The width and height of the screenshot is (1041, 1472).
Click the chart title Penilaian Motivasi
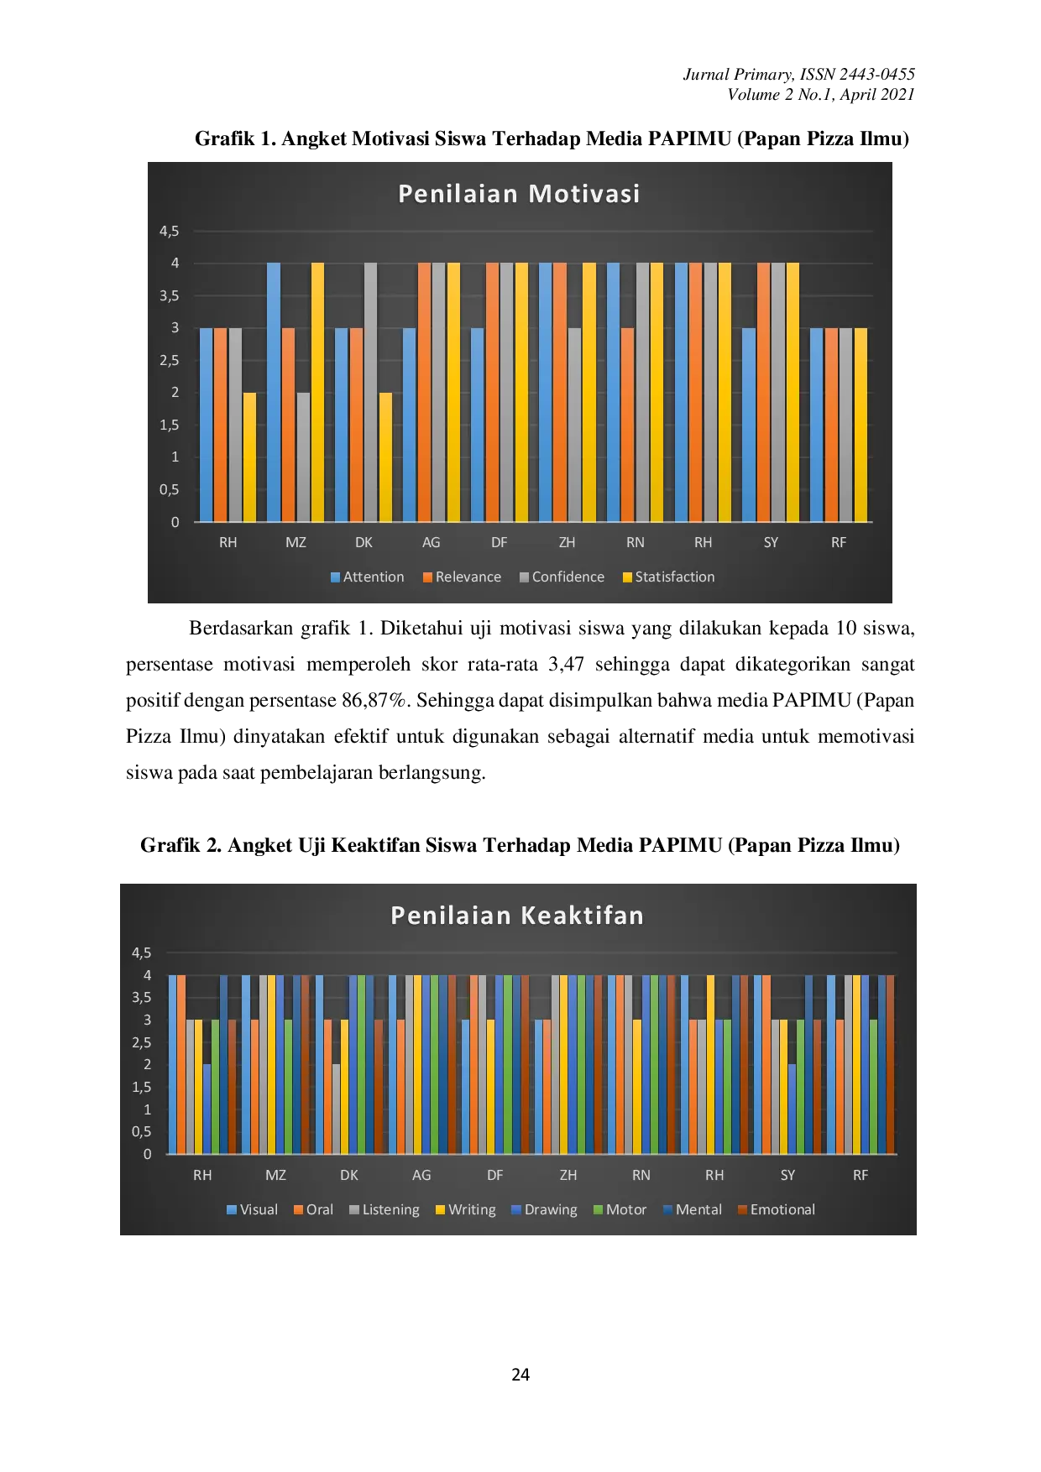pyautogui.click(x=519, y=194)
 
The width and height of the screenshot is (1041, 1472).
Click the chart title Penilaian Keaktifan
pyautogui.click(x=517, y=916)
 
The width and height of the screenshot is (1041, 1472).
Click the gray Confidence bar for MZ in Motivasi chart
pyautogui.click(x=303, y=457)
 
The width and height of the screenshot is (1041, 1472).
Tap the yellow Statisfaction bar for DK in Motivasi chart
pyautogui.click(x=385, y=457)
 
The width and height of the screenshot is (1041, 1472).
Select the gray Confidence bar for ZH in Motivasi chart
pyautogui.click(x=574, y=425)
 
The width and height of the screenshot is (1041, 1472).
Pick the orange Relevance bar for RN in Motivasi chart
pyautogui.click(x=627, y=425)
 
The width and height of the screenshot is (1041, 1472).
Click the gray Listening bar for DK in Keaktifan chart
pyautogui.click(x=336, y=1109)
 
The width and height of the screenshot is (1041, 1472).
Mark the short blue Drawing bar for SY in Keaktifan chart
pyautogui.click(x=793, y=1109)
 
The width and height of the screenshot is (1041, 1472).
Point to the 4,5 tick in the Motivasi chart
pyautogui.click(x=170, y=231)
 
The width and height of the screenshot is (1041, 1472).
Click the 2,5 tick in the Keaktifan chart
pyautogui.click(x=142, y=1042)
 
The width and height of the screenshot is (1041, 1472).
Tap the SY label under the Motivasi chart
pyautogui.click(x=771, y=543)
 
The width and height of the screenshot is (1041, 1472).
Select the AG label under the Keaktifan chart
pyautogui.click(x=421, y=1176)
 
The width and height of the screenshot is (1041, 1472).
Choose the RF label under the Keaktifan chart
pyautogui.click(x=861, y=1176)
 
